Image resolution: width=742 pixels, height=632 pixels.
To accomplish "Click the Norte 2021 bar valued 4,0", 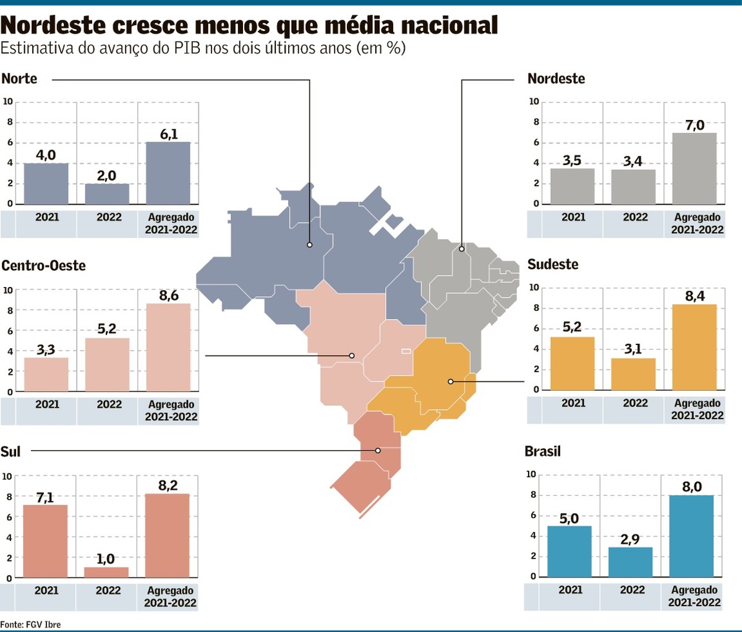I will [46, 184].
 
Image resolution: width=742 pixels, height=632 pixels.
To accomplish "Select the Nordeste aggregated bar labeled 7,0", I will [694, 168].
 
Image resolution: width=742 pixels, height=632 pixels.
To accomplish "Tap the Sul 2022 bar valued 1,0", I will [106, 572].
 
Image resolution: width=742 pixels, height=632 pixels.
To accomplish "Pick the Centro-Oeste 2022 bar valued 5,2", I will [107, 364].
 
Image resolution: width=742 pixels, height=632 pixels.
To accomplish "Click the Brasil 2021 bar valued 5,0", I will [569, 551].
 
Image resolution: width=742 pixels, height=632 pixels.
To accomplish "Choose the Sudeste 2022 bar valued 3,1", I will [633, 374].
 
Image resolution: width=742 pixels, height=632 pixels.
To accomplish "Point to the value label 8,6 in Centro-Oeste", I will [169, 296].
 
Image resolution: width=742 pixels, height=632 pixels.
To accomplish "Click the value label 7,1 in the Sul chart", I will [45, 497].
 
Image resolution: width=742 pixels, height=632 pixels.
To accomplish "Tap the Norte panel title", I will [19, 79].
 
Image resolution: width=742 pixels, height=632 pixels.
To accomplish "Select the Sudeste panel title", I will [553, 264].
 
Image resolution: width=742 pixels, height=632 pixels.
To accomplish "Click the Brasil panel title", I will [542, 451].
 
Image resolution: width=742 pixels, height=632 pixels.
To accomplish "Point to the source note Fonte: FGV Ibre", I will [31, 625].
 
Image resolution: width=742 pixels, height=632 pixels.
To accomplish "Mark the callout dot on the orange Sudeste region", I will [451, 382].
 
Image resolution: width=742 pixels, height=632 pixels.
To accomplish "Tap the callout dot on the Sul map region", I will [378, 451].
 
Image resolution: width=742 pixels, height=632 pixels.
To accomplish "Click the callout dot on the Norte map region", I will [310, 245].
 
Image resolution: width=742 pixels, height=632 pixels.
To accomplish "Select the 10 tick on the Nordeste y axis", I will [534, 101].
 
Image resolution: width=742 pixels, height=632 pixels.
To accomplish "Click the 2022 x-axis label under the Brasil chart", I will [632, 590].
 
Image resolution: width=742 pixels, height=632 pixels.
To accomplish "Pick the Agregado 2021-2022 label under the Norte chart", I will [171, 223].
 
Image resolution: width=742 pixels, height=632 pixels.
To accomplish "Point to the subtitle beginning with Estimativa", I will [203, 48].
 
